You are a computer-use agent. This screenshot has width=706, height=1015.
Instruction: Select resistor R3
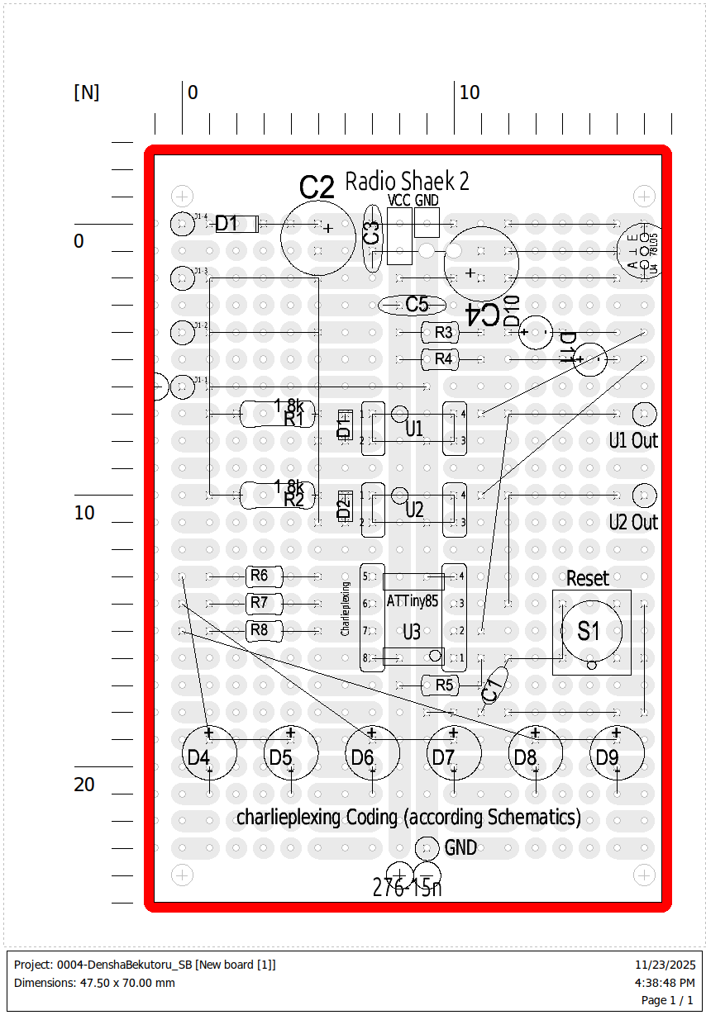coord(444,333)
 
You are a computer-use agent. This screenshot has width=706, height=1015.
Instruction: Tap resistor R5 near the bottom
coord(444,685)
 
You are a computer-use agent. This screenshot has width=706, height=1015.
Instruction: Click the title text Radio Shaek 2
coord(407,181)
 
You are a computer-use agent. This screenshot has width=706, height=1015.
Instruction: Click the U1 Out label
coord(633,440)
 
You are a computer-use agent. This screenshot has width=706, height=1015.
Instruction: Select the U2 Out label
coord(633,522)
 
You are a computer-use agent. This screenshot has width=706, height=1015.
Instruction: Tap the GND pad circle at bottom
coord(427,847)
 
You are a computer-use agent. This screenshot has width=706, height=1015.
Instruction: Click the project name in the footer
coord(145,965)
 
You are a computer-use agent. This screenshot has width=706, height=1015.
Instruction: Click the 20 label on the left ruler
coord(84,785)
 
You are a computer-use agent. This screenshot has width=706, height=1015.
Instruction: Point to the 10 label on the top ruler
coord(470,92)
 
